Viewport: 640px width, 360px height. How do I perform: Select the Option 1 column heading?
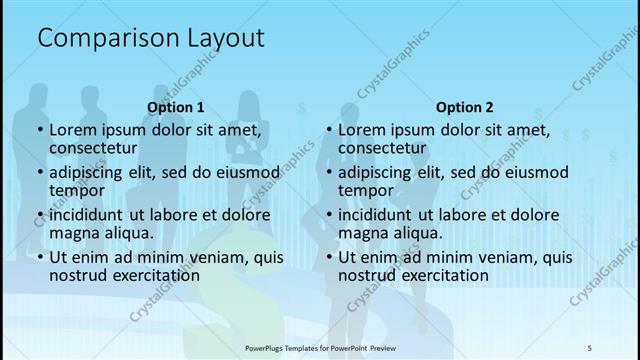(176, 107)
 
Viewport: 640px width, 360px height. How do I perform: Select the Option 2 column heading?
(464, 107)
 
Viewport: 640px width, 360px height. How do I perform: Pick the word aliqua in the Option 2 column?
(415, 233)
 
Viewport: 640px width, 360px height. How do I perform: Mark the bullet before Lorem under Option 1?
(39, 130)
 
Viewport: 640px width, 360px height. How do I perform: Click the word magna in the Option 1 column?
(73, 233)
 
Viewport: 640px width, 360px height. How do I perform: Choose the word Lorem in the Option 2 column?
(361, 129)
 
